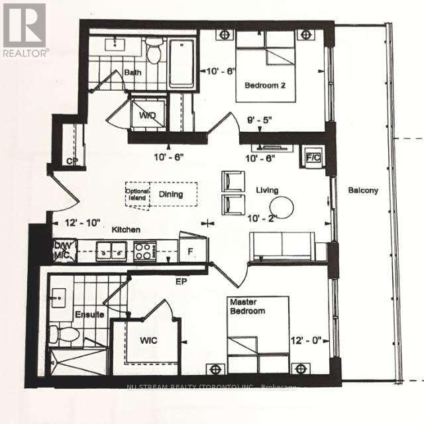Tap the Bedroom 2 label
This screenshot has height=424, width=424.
tap(265, 85)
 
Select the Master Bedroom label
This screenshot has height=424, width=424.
tap(248, 306)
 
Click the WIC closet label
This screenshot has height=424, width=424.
tap(148, 342)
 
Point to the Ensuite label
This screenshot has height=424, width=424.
tap(89, 315)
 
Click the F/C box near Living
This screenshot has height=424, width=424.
tap(311, 158)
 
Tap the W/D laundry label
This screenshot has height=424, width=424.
tap(146, 115)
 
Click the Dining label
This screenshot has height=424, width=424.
tap(170, 195)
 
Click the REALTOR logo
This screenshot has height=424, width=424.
tap(25, 30)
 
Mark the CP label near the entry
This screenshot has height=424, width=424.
tap(72, 161)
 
